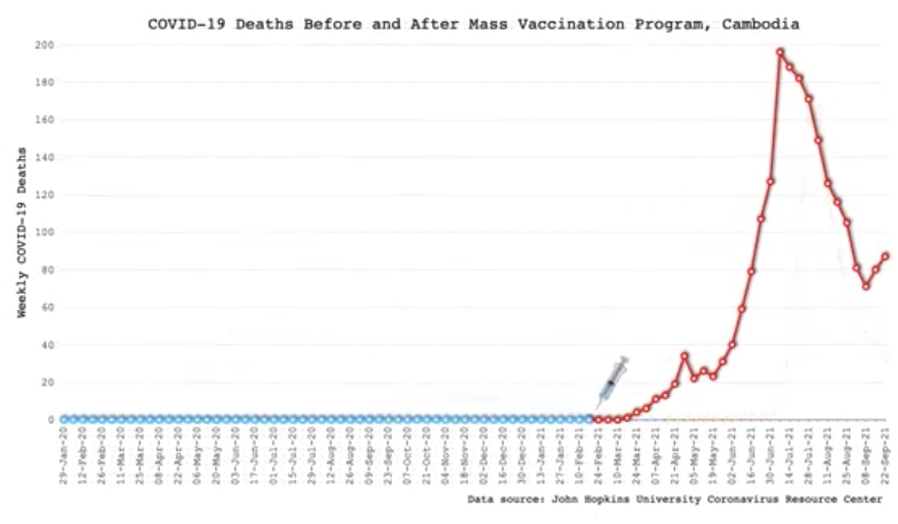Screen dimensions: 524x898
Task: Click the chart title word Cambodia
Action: coord(761,24)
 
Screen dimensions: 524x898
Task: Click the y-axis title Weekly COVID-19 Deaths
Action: coord(22,232)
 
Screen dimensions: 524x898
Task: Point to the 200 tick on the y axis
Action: coord(45,45)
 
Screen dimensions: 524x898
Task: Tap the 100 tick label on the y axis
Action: coord(45,232)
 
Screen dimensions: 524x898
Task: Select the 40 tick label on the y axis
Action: coord(48,345)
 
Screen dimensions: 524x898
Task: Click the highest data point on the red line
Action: coord(780,52)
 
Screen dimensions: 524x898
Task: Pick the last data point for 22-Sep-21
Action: coord(885,256)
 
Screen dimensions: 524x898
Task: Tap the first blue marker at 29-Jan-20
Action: coord(64,419)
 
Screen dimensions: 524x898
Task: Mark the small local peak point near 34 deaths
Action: coord(684,356)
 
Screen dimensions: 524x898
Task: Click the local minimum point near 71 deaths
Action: coord(866,286)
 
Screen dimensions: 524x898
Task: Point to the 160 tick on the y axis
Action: coord(45,120)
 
